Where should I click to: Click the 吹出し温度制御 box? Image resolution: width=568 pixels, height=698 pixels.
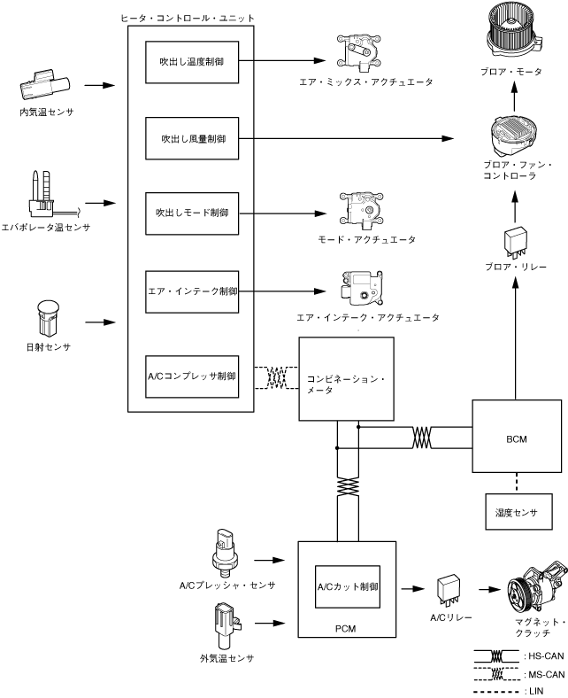(191, 62)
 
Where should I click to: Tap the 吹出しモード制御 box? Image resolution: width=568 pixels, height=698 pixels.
(191, 213)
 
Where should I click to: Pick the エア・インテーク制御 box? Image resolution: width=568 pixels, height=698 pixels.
(191, 290)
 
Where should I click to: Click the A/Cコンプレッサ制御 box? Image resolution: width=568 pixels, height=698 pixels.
(191, 376)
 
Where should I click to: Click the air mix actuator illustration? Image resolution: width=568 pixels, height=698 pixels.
(362, 53)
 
